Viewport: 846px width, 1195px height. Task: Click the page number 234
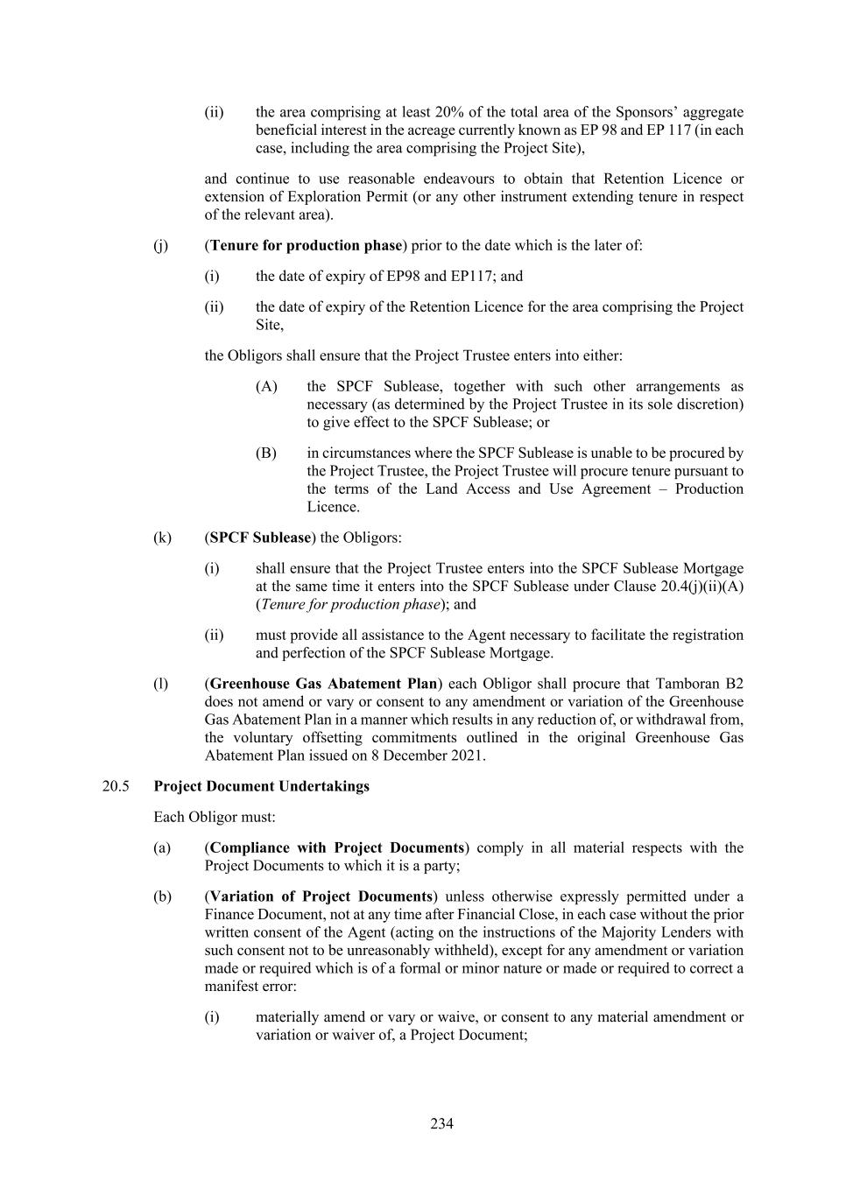tap(441, 1123)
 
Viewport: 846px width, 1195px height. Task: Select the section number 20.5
tap(116, 785)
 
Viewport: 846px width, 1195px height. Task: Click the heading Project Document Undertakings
tap(261, 785)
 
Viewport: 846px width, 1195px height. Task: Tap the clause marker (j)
tap(160, 245)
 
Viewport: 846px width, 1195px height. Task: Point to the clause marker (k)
tap(162, 538)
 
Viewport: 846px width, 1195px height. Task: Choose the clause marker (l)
tap(160, 684)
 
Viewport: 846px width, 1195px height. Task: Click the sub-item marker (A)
tap(266, 386)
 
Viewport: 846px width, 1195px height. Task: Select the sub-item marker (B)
tap(266, 453)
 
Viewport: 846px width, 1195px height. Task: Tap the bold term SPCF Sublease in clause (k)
tap(260, 538)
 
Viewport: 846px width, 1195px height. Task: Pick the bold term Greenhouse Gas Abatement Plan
tap(323, 684)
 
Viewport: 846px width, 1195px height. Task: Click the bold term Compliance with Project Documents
tap(336, 847)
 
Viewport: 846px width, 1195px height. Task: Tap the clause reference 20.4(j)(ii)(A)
tap(689, 587)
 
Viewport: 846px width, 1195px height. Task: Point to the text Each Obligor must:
tap(215, 817)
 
